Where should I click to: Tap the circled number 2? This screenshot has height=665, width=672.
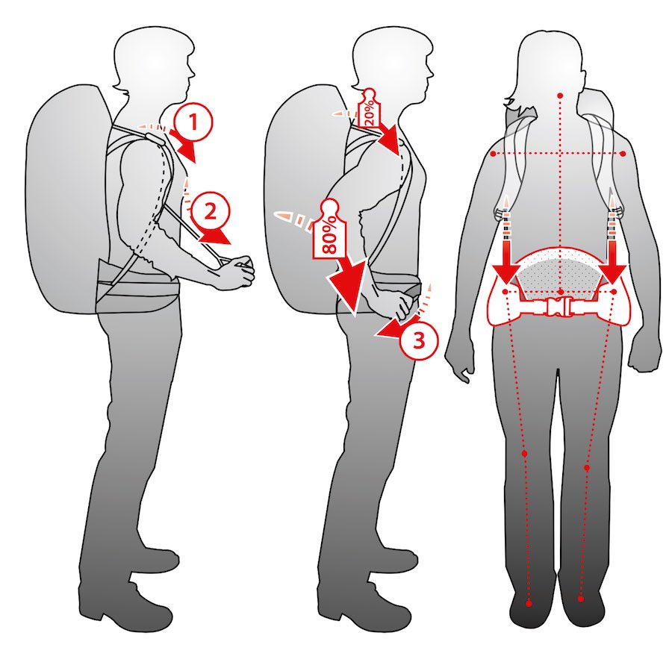[210, 212]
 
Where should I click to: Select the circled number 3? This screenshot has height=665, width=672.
[419, 340]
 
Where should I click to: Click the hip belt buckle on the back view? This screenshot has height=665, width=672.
[559, 307]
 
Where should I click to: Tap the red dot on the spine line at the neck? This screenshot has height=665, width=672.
[560, 95]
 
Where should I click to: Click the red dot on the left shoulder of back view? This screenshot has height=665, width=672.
[494, 154]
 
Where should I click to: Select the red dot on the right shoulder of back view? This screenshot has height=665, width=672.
[623, 154]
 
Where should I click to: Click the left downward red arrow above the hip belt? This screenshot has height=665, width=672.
[506, 257]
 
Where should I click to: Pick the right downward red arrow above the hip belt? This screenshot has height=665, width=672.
[612, 257]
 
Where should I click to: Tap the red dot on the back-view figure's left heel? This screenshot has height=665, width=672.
[529, 603]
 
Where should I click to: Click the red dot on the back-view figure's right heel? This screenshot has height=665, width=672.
[581, 599]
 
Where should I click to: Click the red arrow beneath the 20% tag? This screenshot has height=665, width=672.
[389, 140]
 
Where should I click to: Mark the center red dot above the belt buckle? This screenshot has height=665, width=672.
[561, 292]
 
